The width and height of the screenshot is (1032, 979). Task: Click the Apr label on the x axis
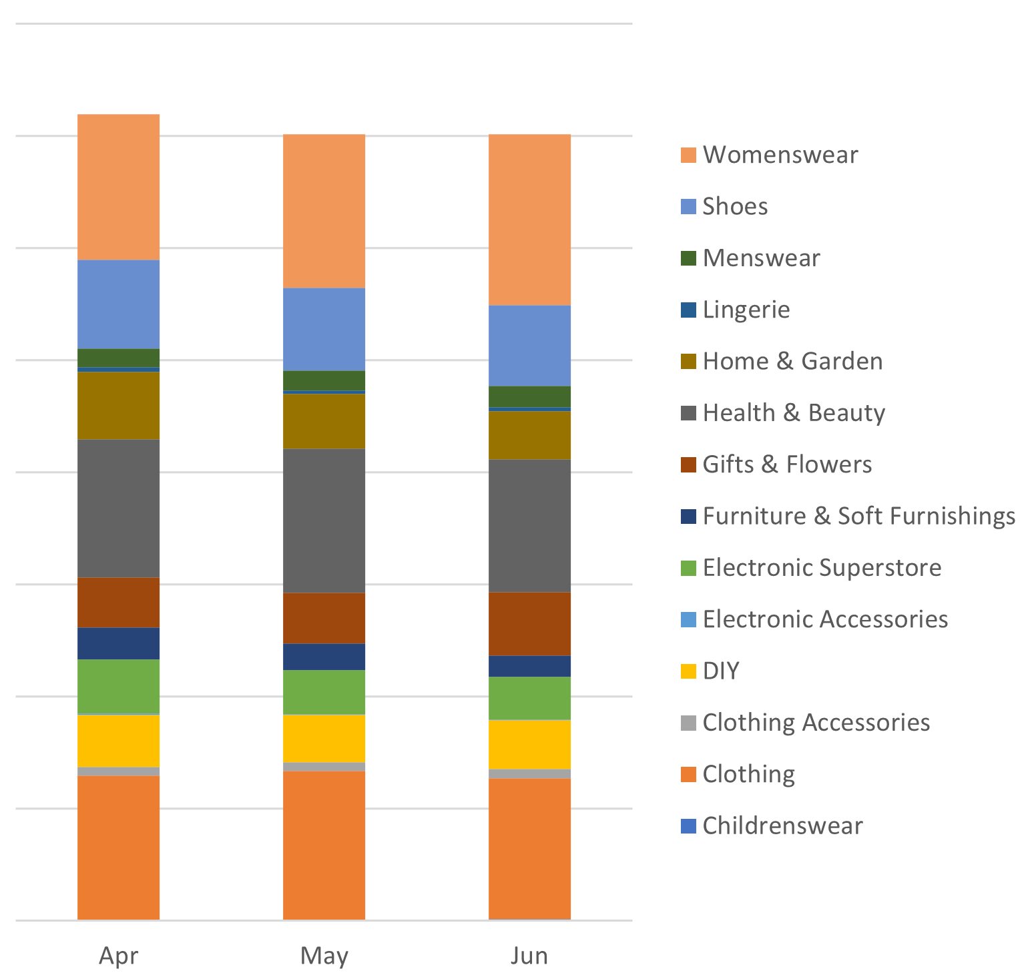pyautogui.click(x=118, y=956)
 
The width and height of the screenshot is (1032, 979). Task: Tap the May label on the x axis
pyautogui.click(x=324, y=956)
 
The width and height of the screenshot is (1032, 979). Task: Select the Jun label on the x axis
pyautogui.click(x=529, y=956)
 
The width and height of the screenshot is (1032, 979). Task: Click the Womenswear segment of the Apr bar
pyautogui.click(x=118, y=187)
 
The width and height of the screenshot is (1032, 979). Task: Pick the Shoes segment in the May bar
pyautogui.click(x=324, y=329)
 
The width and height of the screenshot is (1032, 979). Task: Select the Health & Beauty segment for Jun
pyautogui.click(x=529, y=525)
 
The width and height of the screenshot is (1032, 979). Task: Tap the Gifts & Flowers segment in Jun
pyautogui.click(x=529, y=623)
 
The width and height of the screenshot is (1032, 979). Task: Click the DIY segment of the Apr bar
pyautogui.click(x=118, y=741)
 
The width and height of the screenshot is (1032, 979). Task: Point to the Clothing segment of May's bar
pyautogui.click(x=324, y=845)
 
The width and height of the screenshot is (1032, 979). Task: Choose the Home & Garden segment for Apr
pyautogui.click(x=118, y=405)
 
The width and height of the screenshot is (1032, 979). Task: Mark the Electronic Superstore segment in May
pyautogui.click(x=324, y=692)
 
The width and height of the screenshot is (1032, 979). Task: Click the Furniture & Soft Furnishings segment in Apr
pyautogui.click(x=118, y=643)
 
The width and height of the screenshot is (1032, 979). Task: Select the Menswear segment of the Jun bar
pyautogui.click(x=529, y=396)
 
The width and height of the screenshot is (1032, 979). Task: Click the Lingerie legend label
pyautogui.click(x=746, y=310)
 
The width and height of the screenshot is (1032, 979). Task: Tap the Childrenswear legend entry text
pyautogui.click(x=782, y=826)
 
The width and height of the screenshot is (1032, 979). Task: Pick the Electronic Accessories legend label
pyautogui.click(x=824, y=619)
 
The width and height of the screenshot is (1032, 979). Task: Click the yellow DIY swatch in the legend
pyautogui.click(x=688, y=671)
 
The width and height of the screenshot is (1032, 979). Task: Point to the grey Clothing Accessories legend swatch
pyautogui.click(x=688, y=723)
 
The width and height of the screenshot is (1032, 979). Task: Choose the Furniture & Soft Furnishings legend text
pyautogui.click(x=858, y=516)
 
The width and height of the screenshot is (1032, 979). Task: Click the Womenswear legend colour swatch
pyautogui.click(x=688, y=155)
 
